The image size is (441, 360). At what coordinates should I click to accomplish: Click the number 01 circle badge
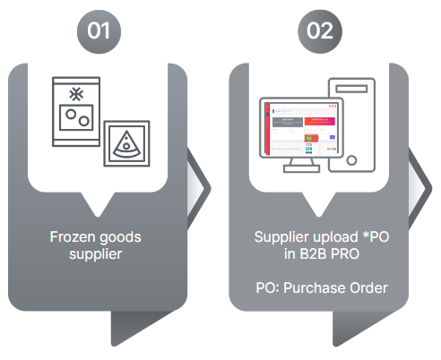[x=99, y=31]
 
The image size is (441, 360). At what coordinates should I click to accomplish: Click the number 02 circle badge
[x=320, y=31]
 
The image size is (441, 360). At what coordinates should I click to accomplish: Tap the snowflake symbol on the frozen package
[x=76, y=94]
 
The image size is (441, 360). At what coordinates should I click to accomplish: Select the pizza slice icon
[x=126, y=144]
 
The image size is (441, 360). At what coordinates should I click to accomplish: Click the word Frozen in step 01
[x=73, y=237]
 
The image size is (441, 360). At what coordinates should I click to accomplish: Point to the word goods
[x=120, y=238]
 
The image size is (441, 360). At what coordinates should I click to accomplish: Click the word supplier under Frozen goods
[x=96, y=255]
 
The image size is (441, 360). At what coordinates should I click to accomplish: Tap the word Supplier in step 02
[x=281, y=237]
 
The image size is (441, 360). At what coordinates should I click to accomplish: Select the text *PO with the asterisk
[x=376, y=237]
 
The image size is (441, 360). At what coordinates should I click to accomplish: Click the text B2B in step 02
[x=313, y=254]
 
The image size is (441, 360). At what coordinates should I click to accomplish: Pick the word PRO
[x=345, y=254]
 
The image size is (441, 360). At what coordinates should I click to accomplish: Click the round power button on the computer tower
[x=351, y=160]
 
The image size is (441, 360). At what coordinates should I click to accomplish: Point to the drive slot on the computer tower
[x=351, y=89]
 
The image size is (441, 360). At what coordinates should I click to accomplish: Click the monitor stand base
[x=301, y=169]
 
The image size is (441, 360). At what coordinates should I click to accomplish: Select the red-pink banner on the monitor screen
[x=320, y=121]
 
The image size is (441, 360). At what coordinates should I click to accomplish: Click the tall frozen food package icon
[x=76, y=112]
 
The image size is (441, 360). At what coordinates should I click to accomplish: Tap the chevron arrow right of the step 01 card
[x=199, y=189]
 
